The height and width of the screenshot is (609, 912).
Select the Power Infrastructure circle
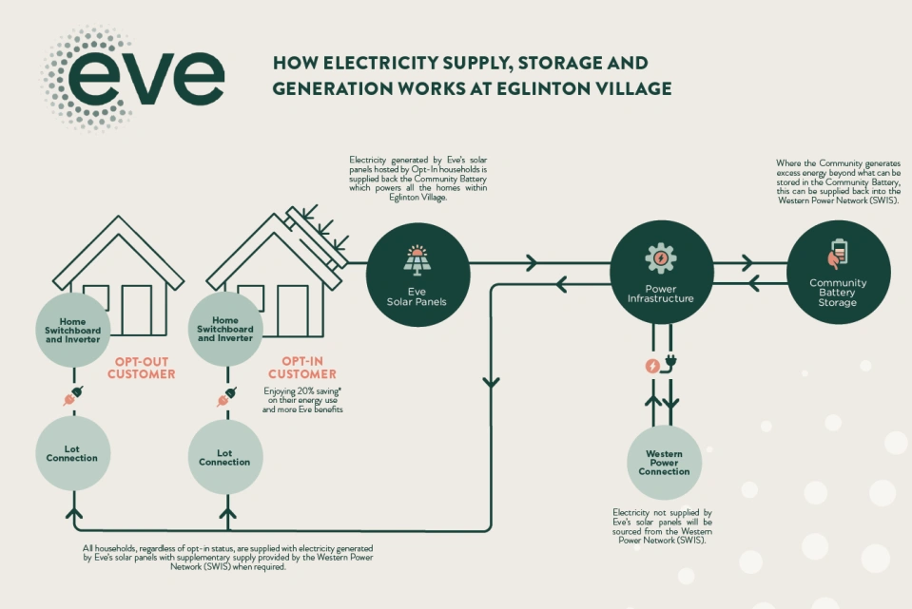(661, 274)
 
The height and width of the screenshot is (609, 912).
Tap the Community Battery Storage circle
(838, 273)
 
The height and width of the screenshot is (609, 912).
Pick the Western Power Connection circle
(664, 463)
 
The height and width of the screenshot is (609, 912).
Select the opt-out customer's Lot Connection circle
(72, 452)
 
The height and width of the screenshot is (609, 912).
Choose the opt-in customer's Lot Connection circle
(224, 457)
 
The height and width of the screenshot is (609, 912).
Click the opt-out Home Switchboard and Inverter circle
(72, 331)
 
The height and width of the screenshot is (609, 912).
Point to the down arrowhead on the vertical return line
(491, 382)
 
